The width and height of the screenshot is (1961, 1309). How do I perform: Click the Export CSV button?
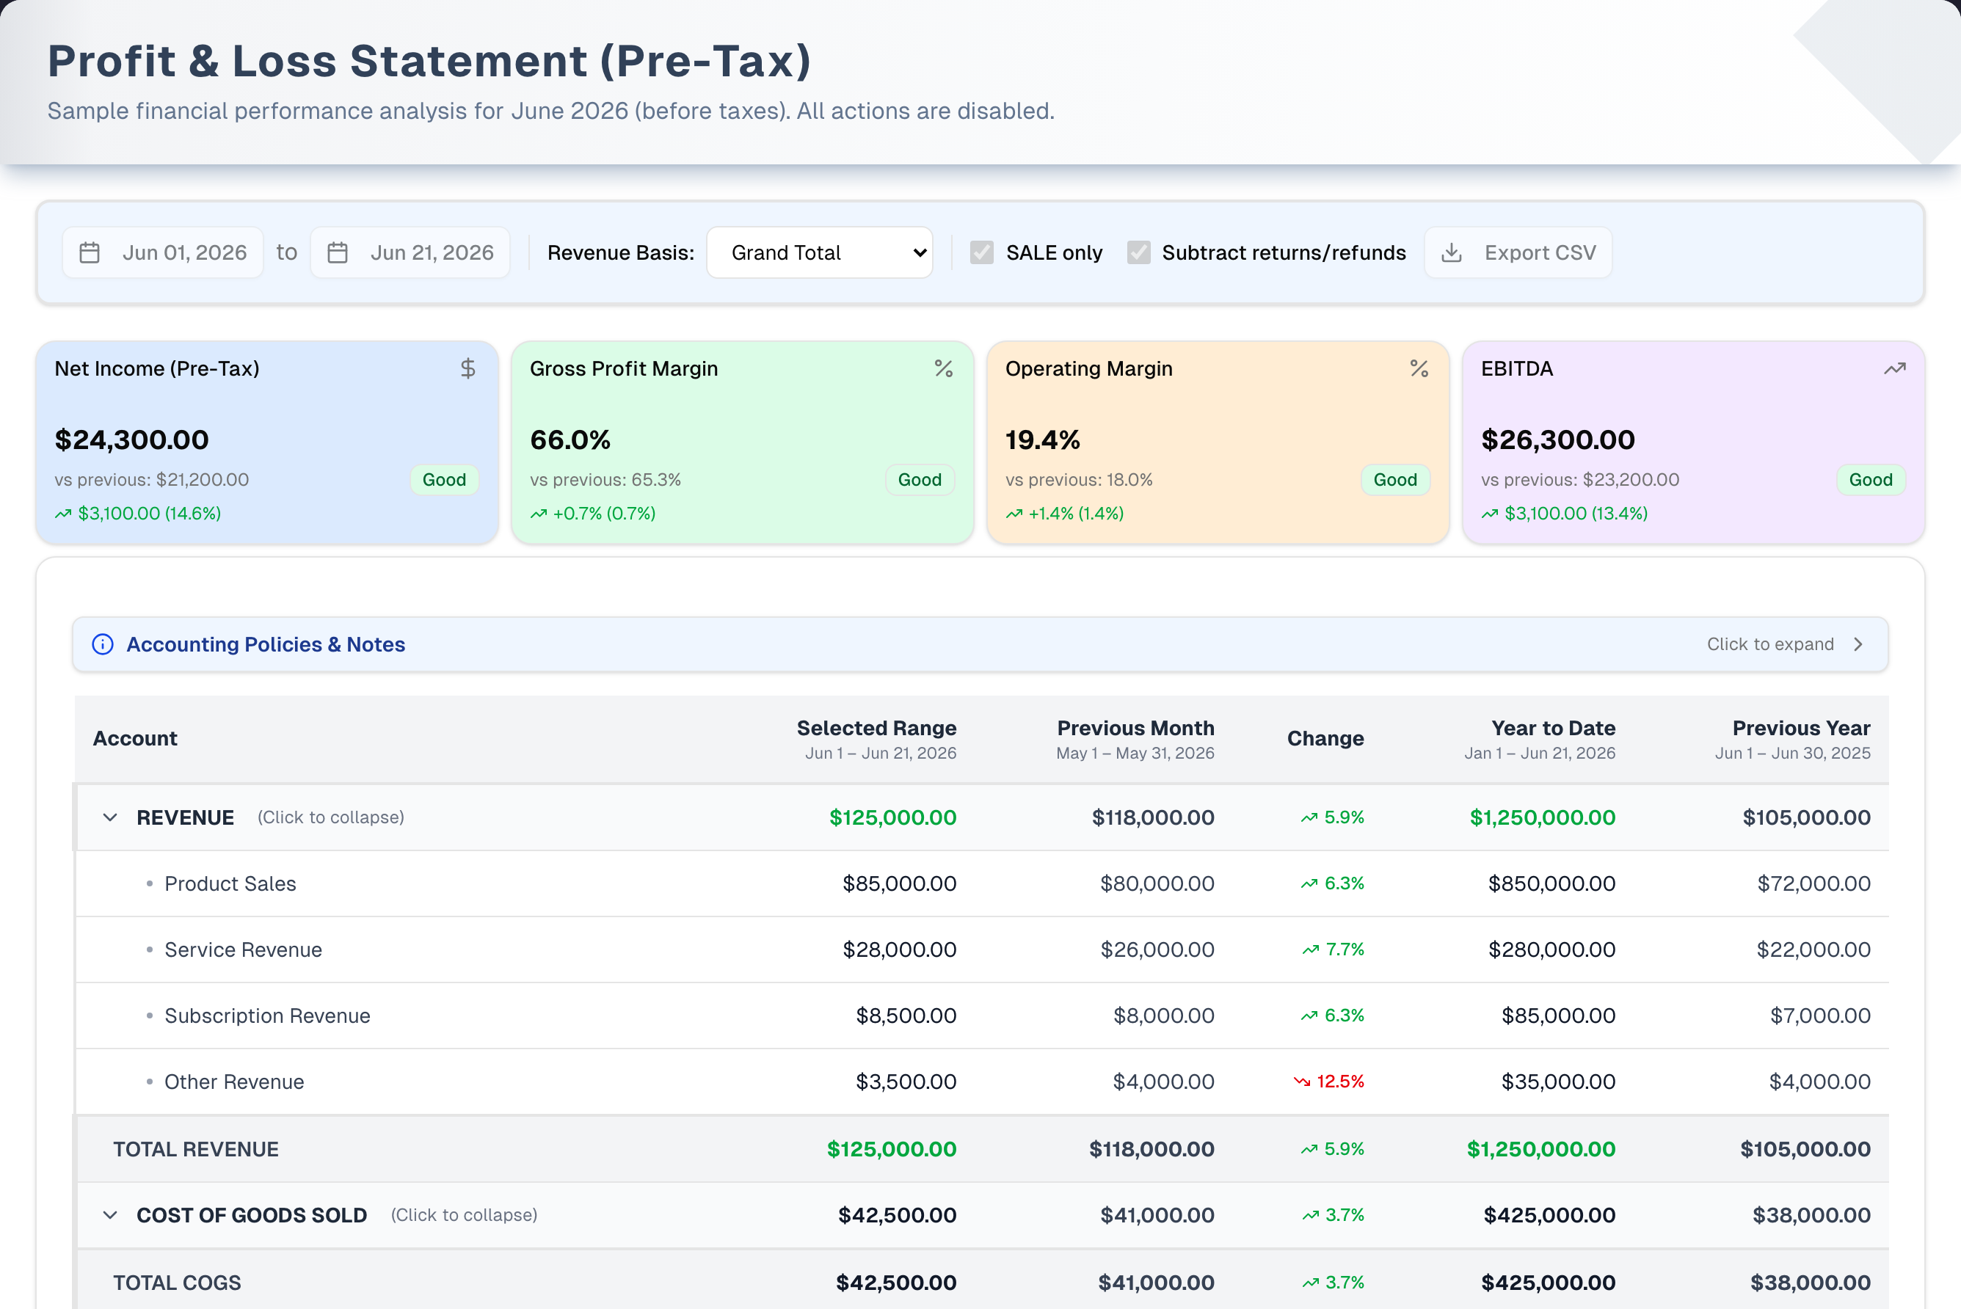point(1518,252)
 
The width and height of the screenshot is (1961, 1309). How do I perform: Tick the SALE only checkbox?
point(982,252)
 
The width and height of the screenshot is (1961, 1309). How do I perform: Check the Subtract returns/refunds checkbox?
point(1139,252)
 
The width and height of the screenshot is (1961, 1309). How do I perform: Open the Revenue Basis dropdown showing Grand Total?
point(820,252)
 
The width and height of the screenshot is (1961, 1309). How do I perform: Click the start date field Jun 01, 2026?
point(163,252)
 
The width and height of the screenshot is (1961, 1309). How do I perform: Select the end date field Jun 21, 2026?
point(410,252)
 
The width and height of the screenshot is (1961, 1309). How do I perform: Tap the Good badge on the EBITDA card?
point(1871,479)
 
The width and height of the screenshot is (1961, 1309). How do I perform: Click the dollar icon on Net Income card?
point(468,368)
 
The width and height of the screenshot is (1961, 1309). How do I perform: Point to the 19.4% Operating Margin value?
point(1043,440)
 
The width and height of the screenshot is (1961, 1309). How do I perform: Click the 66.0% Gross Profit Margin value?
point(570,440)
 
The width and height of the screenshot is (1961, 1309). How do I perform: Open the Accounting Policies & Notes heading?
point(266,644)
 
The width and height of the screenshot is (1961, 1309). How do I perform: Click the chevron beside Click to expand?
point(1858,644)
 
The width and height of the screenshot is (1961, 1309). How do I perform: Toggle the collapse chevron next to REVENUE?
point(110,817)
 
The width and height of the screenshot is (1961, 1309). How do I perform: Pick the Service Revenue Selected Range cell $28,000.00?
point(899,949)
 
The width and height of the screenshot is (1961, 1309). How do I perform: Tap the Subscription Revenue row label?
point(267,1016)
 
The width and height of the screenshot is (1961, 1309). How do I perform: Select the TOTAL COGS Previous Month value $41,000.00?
point(1155,1283)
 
